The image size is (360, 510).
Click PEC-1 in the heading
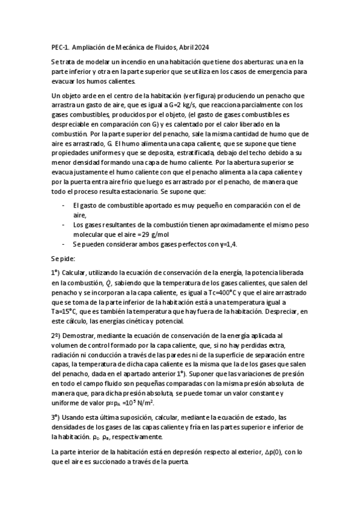(61, 47)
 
